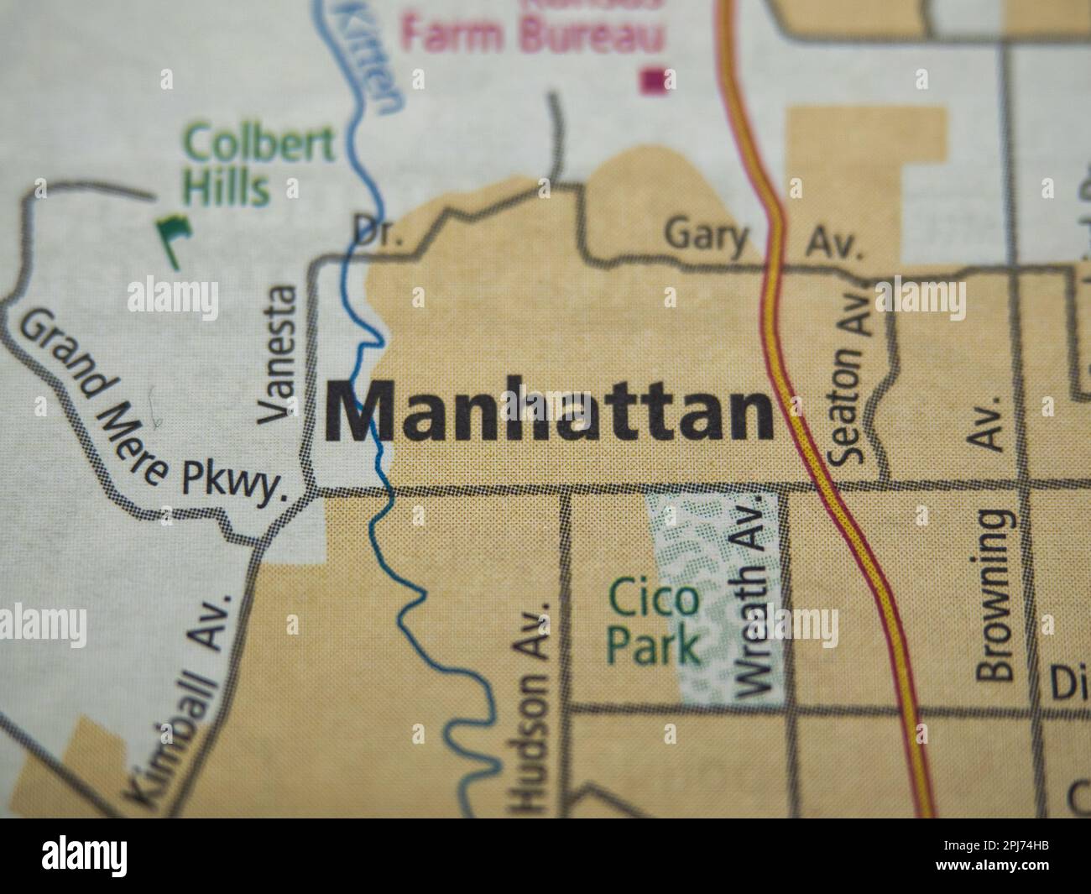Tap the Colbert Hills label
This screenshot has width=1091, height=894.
tap(243, 165)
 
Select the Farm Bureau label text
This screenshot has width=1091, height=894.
tap(533, 35)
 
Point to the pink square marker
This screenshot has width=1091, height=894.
tap(654, 81)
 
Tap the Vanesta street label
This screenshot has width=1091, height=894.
tap(278, 353)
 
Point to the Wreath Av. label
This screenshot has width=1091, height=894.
tap(752, 596)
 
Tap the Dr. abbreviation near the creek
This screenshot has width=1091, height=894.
tap(377, 231)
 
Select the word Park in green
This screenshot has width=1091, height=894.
tap(654, 646)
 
